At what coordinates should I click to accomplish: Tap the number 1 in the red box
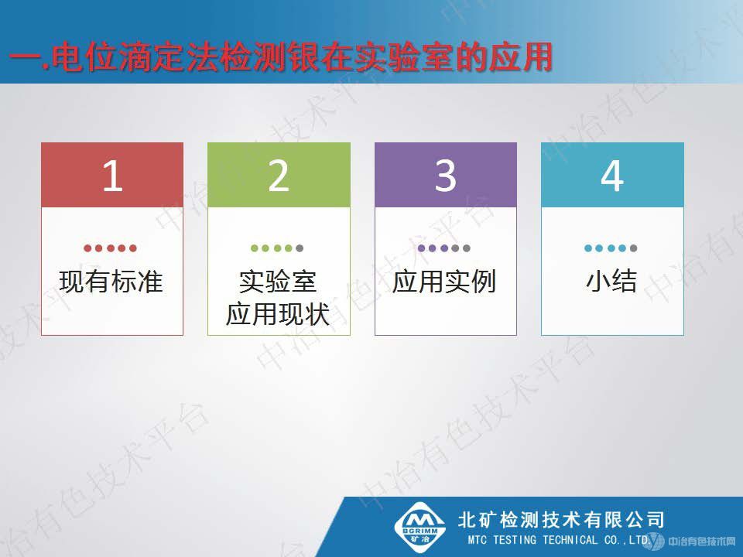pyautogui.click(x=112, y=176)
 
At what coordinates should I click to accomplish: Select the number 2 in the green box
pyautogui.click(x=279, y=176)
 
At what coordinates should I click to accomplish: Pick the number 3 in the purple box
pyautogui.click(x=445, y=176)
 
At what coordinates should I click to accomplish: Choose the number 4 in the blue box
pyautogui.click(x=612, y=176)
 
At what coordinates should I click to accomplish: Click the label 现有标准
pyautogui.click(x=111, y=282)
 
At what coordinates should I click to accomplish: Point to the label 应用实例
pyautogui.click(x=444, y=282)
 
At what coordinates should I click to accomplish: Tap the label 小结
pyautogui.click(x=611, y=282)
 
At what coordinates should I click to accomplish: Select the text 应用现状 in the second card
pyautogui.click(x=278, y=315)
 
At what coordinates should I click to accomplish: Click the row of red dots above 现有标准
pyautogui.click(x=111, y=248)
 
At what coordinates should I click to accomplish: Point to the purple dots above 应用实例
pyautogui.click(x=444, y=248)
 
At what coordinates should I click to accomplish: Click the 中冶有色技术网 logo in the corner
pyautogui.click(x=697, y=540)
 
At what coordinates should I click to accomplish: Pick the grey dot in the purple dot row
pyautogui.click(x=467, y=248)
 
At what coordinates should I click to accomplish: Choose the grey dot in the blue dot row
pyautogui.click(x=634, y=248)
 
